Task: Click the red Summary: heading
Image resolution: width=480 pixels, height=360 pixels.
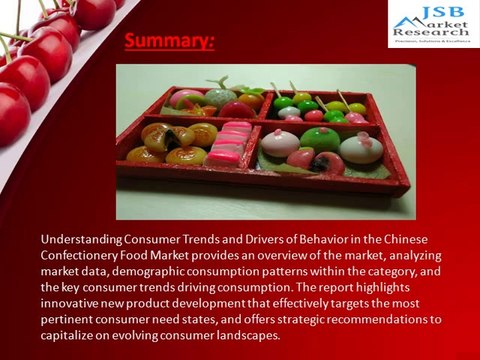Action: click(169, 42)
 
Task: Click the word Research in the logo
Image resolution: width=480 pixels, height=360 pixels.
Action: click(435, 32)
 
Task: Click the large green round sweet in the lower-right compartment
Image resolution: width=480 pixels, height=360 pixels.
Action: click(320, 138)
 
